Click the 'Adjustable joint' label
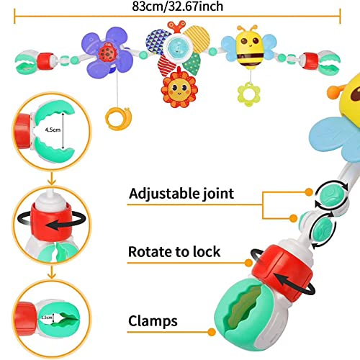click(x=181, y=194)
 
